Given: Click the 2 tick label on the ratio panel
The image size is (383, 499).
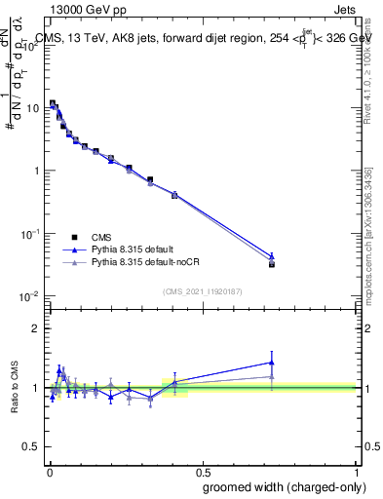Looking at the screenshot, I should [x=37, y=328].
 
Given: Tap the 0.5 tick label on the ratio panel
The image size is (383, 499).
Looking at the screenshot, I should [x=33, y=446].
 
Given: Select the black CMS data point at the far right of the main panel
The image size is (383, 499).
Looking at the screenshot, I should [x=272, y=264].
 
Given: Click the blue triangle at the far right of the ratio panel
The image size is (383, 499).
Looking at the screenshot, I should [x=272, y=363].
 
